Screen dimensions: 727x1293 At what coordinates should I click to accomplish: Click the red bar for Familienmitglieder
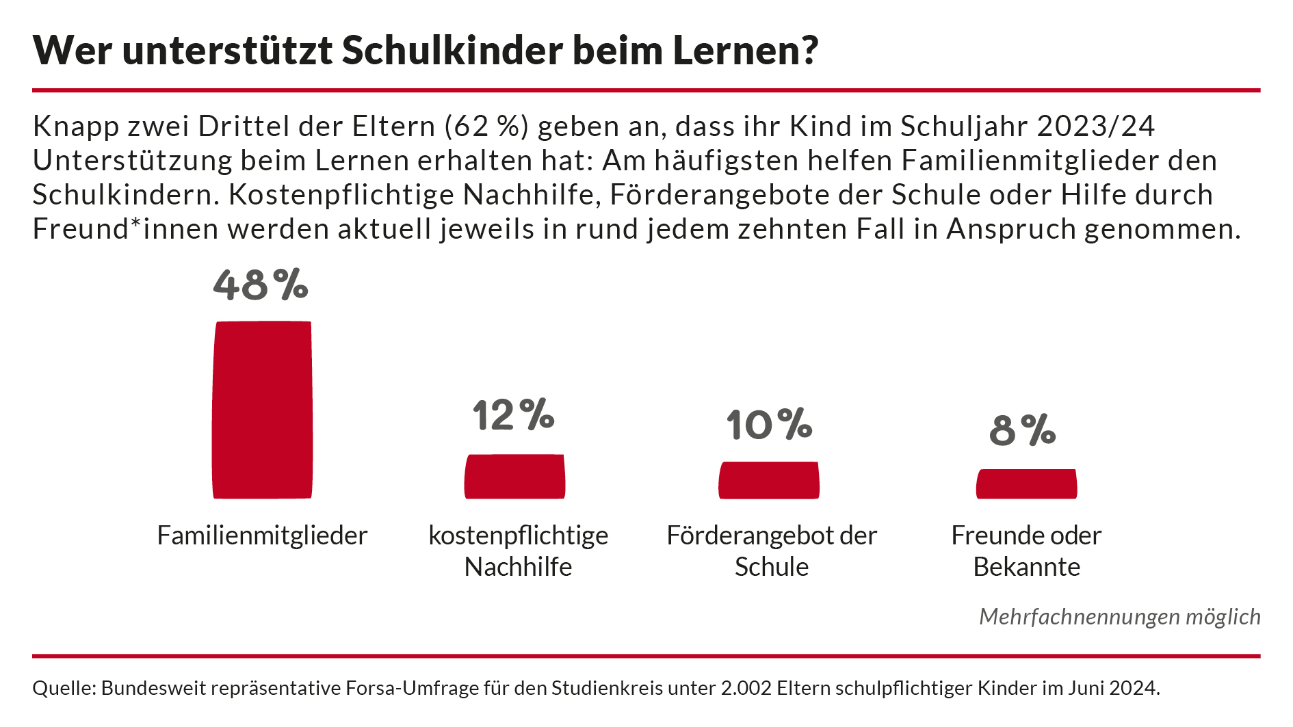tap(262, 410)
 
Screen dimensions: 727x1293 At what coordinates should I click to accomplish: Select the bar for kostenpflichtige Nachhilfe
tap(514, 477)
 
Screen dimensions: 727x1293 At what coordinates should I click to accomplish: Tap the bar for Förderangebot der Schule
tap(769, 480)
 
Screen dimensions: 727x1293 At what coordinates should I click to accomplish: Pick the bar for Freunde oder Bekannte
tap(1026, 484)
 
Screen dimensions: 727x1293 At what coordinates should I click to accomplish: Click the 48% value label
tap(261, 285)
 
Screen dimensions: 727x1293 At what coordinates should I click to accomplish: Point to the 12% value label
tap(513, 414)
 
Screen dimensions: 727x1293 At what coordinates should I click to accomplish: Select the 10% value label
tap(769, 425)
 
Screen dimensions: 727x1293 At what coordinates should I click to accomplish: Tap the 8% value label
tap(1023, 430)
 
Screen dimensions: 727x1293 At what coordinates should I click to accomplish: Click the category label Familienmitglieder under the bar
tap(262, 536)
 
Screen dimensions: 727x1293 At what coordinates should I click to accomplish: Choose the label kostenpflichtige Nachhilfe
tap(518, 551)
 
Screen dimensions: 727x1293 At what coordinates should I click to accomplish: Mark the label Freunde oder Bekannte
tap(1026, 551)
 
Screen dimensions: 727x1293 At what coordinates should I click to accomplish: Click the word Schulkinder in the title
tap(452, 50)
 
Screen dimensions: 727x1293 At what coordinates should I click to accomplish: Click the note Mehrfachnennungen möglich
tap(1119, 617)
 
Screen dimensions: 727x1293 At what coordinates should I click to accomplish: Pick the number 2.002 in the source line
tap(746, 688)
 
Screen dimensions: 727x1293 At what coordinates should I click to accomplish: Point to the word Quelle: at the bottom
tap(64, 688)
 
